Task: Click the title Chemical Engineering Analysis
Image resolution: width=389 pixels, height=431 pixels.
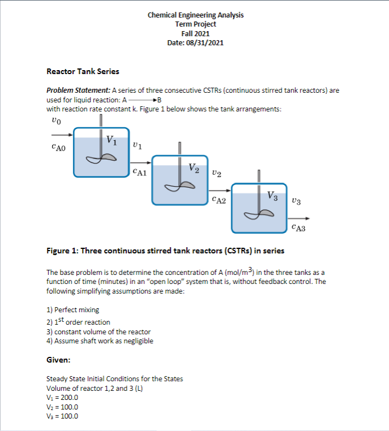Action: [196, 15]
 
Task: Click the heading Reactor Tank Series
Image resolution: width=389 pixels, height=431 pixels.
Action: [83, 71]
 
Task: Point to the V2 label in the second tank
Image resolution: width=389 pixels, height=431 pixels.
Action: [193, 168]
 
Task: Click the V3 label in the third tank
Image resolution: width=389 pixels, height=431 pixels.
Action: [273, 196]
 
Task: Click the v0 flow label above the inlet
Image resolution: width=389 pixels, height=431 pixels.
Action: [54, 120]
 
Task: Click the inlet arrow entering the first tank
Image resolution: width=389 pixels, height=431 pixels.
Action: [62, 135]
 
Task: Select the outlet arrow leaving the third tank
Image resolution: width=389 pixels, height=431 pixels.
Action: [300, 218]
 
